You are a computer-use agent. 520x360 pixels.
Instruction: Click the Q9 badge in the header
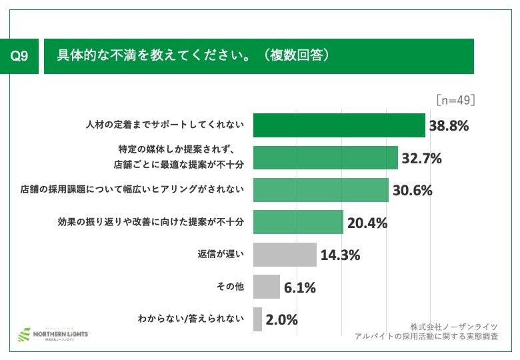[x=20, y=57]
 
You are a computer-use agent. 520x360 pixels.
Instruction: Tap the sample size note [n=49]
[x=455, y=100]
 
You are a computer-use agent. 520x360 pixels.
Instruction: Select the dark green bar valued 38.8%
[x=339, y=125]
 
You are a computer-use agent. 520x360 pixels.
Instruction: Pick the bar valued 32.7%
[x=325, y=157]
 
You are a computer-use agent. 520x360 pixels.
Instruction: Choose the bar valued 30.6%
[x=321, y=189]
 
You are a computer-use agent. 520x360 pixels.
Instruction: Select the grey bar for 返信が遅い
[x=285, y=254]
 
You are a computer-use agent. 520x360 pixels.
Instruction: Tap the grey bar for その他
[x=267, y=287]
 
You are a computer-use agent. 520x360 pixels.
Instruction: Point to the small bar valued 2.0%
[x=257, y=319]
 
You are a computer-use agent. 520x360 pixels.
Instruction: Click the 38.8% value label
[x=449, y=125]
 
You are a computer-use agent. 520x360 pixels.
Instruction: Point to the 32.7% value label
[x=421, y=158]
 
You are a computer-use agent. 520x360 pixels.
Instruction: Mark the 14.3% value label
[x=340, y=255]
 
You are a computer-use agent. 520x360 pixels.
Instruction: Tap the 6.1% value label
[x=299, y=287]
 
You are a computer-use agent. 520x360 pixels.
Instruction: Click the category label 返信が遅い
[x=221, y=254]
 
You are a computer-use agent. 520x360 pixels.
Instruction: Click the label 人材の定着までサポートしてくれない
[x=165, y=125]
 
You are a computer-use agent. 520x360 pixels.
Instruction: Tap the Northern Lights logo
[x=53, y=333]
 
